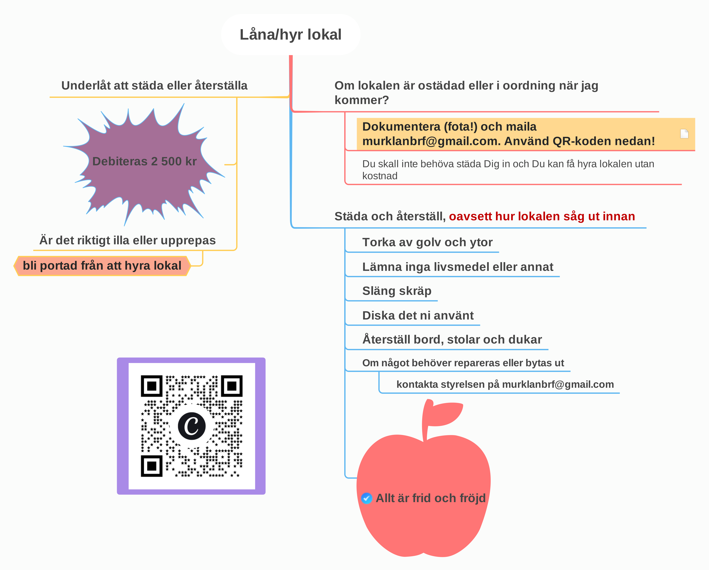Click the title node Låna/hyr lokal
[x=291, y=34]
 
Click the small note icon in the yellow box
[x=684, y=134]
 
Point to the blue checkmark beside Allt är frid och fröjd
[x=367, y=498]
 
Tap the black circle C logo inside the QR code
[x=192, y=426]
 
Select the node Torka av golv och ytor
[x=427, y=242]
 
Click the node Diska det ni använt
[x=418, y=315]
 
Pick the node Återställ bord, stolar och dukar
[x=452, y=339]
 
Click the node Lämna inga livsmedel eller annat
[x=458, y=267]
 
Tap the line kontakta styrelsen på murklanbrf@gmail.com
[x=505, y=384]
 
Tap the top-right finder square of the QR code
[x=232, y=386]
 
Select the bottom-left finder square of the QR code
[x=152, y=466]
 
